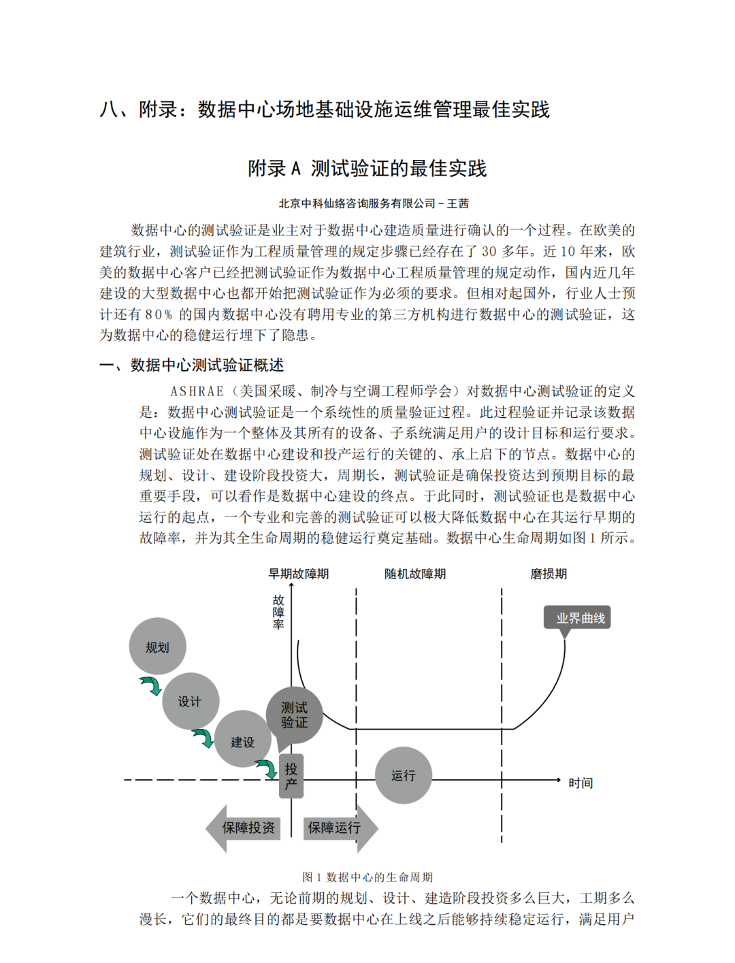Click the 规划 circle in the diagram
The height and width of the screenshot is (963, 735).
157,647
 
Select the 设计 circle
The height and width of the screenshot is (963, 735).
190,701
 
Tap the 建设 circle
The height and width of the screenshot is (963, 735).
242,740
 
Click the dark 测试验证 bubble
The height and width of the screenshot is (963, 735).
294,715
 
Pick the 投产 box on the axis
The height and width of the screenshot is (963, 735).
291,776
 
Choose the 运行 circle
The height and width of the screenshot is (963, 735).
403,775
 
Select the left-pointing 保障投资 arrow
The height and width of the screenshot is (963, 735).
244,828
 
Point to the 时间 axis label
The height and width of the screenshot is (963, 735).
581,783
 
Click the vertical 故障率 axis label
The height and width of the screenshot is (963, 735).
278,612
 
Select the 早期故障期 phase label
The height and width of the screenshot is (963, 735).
298,574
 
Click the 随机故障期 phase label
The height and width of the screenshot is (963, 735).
415,574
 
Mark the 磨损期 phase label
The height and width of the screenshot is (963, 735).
549,574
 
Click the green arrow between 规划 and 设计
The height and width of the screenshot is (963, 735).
150,685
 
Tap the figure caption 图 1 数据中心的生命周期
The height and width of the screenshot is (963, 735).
367,877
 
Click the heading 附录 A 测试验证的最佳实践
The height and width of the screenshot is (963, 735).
367,168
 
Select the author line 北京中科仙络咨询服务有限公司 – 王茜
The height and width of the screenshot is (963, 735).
374,203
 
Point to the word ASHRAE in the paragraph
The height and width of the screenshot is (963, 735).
197,391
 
